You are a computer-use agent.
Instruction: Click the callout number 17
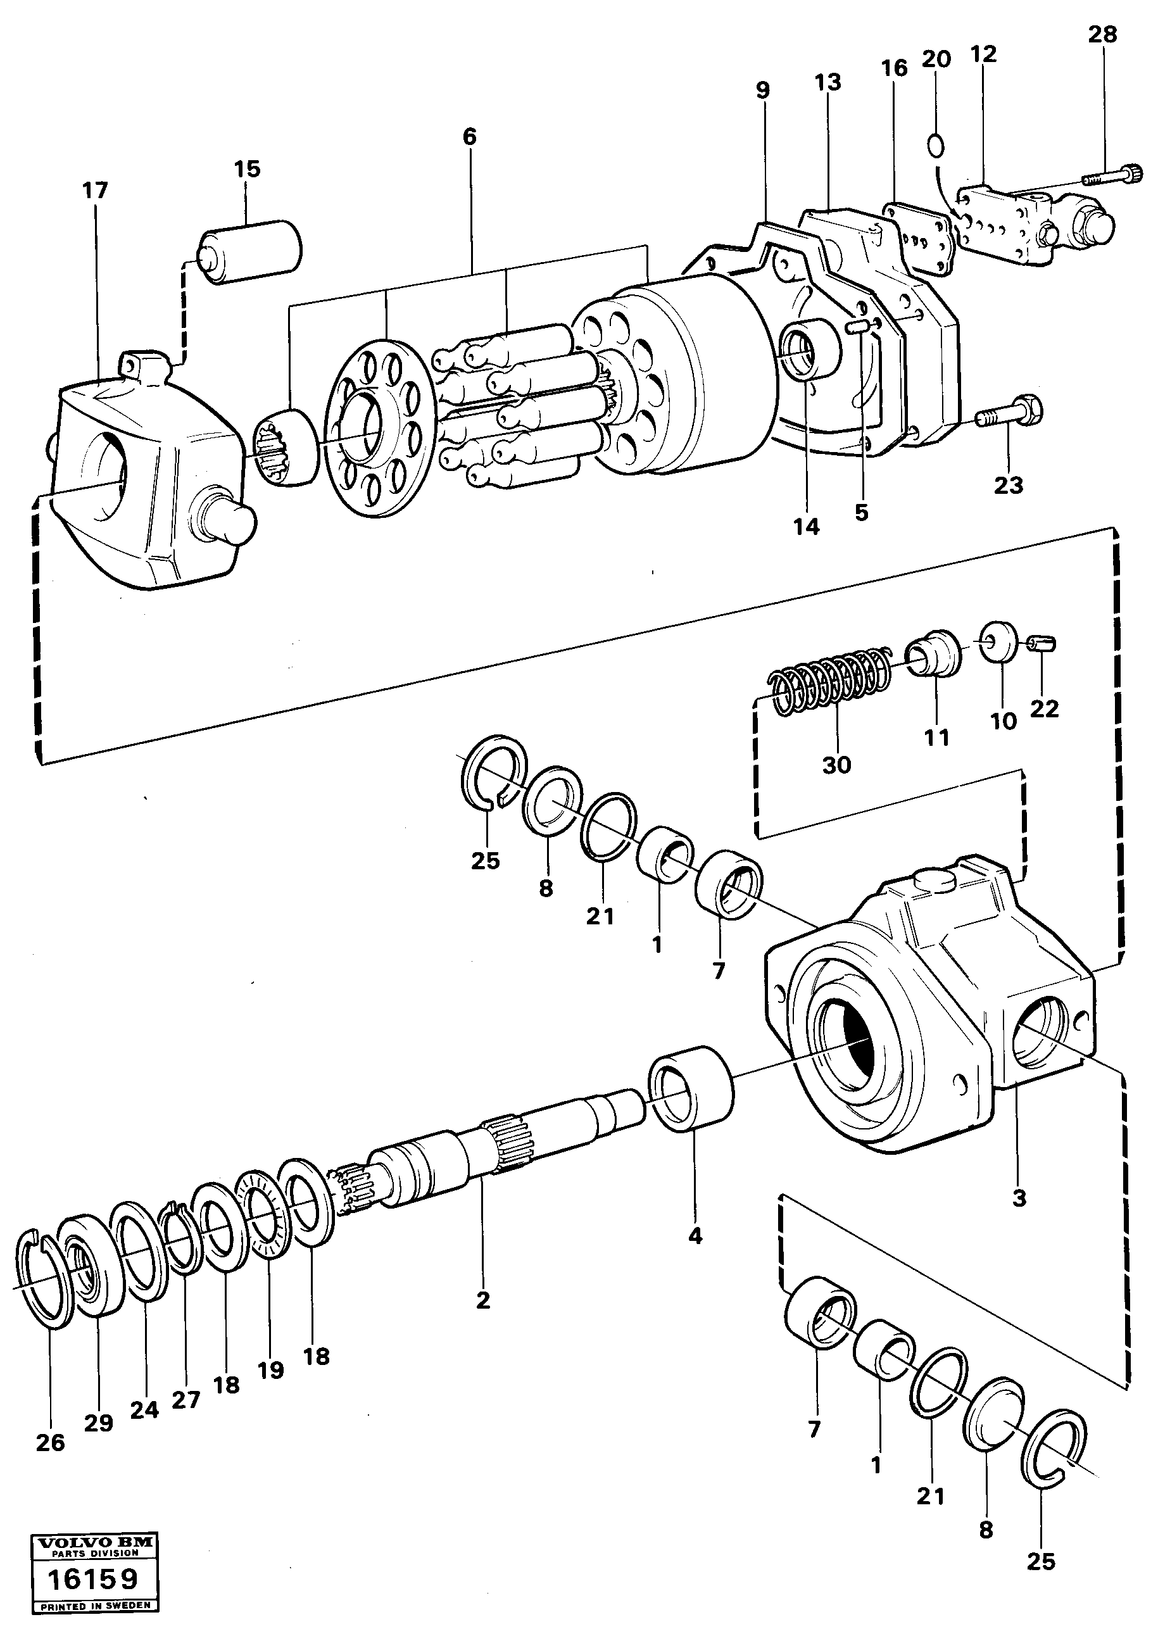95,191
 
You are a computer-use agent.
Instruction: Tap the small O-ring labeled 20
936,146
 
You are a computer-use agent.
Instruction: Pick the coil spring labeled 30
831,679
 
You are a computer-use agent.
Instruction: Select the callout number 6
469,136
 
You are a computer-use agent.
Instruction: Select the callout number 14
807,527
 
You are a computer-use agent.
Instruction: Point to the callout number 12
983,54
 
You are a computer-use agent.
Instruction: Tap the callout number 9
762,90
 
